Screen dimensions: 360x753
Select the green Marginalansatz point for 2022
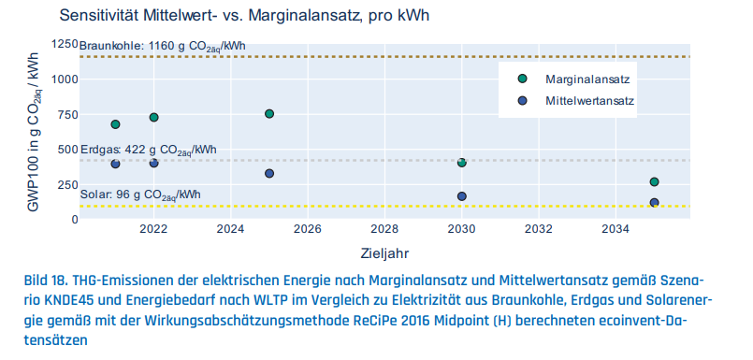(x=153, y=118)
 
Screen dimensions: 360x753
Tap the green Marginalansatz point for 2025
(x=269, y=114)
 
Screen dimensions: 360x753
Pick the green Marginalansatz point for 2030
(x=461, y=163)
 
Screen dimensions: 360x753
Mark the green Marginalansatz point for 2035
(x=654, y=182)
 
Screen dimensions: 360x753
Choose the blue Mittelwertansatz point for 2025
(x=269, y=174)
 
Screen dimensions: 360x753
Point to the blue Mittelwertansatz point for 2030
(x=461, y=196)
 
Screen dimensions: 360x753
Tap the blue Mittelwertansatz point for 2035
(x=654, y=203)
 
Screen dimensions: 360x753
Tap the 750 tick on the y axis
(x=64, y=115)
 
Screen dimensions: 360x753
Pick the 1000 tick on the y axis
(x=61, y=79)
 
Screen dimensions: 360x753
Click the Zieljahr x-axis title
(x=384, y=252)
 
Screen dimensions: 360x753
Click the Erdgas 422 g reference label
(x=148, y=150)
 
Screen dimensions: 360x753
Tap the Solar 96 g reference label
(x=140, y=194)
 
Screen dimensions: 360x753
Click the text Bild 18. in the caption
(x=45, y=281)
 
